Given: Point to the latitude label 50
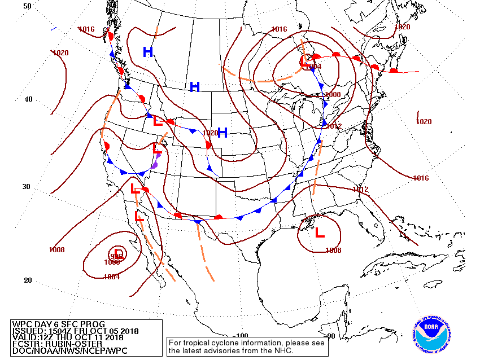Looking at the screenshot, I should (x=27, y=6).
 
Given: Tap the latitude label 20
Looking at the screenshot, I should (x=27, y=280).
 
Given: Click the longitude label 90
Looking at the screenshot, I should (x=331, y=336).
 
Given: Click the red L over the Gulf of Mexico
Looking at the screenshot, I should (x=320, y=231).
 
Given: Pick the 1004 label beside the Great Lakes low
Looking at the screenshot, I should (x=313, y=67).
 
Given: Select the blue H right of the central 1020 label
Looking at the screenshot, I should (x=222, y=133).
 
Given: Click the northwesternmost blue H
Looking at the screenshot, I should (x=148, y=52).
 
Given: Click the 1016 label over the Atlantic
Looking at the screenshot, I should (x=420, y=178).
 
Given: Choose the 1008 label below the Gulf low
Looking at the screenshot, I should (x=333, y=250).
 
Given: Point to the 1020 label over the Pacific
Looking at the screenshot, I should (x=60, y=53).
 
